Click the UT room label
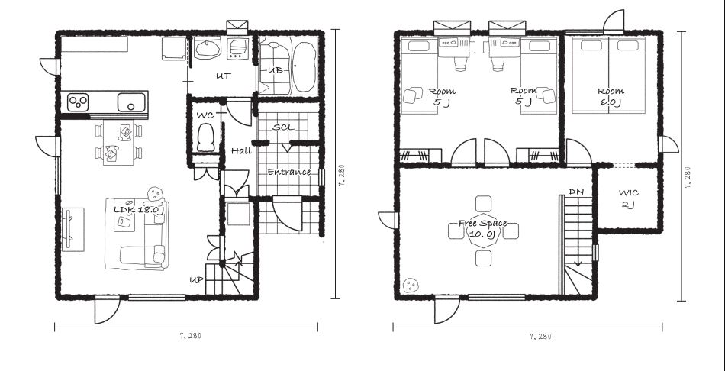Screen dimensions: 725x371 (x=224, y=76)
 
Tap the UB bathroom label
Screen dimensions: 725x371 (x=275, y=70)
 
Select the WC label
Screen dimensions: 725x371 (x=205, y=115)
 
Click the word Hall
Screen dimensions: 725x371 (x=241, y=151)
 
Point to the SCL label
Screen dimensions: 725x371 (x=283, y=127)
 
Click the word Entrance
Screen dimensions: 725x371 (x=289, y=172)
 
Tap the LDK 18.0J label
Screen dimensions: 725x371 (x=139, y=210)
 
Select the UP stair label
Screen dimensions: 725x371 (x=196, y=280)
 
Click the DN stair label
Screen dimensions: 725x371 (x=575, y=191)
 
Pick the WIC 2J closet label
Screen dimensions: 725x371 (x=628, y=198)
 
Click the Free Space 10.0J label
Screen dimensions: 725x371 (x=483, y=228)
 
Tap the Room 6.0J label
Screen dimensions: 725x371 (x=610, y=97)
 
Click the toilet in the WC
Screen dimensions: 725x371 (x=206, y=137)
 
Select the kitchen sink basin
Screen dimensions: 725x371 (x=131, y=102)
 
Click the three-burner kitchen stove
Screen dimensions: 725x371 (x=78, y=102)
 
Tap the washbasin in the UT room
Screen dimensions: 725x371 (x=208, y=49)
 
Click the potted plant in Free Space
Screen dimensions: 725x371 (x=410, y=285)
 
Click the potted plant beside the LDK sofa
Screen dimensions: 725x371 (x=156, y=193)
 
